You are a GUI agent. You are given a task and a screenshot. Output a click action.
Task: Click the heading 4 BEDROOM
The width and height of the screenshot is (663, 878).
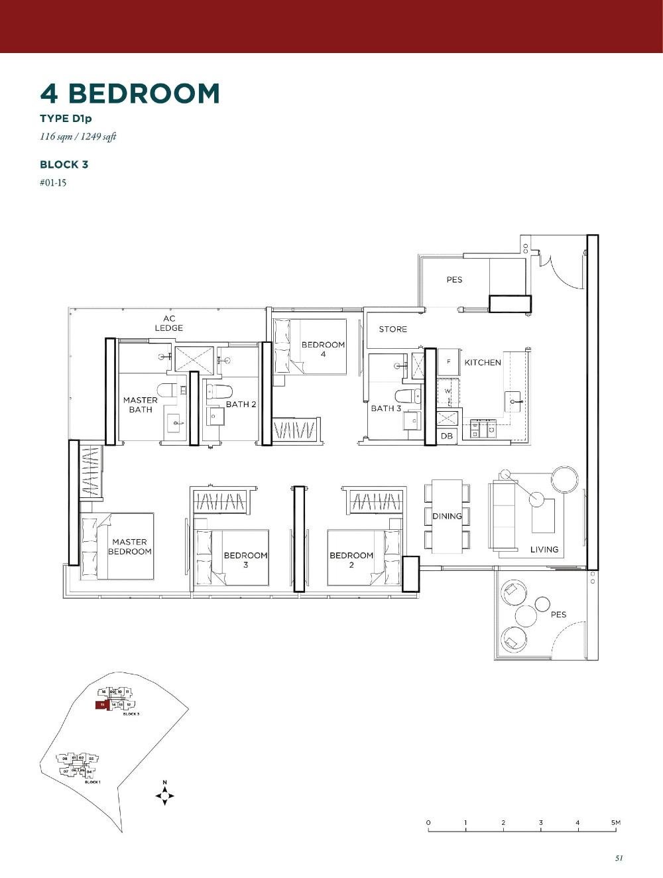[130, 94]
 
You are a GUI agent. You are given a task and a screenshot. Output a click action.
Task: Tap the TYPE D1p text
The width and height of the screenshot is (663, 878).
[66, 119]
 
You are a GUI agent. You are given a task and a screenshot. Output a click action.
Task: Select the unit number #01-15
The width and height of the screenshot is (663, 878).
[53, 183]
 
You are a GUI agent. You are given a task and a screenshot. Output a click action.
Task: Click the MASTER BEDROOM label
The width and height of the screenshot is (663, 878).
[130, 546]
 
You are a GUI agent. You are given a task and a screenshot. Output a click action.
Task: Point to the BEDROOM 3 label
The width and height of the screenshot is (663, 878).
[245, 560]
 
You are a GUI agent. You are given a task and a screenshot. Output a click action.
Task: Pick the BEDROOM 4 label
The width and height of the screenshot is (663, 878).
[323, 349]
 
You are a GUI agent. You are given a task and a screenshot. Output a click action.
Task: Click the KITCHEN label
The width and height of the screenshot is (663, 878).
[483, 362]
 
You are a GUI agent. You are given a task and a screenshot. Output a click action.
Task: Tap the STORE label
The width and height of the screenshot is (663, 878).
[392, 329]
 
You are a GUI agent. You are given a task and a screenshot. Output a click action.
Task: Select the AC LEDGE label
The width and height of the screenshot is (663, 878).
[169, 323]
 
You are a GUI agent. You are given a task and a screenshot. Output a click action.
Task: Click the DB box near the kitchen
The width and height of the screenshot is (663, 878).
[447, 436]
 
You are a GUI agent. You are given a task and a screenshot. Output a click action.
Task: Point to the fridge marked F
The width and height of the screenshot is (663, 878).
[449, 362]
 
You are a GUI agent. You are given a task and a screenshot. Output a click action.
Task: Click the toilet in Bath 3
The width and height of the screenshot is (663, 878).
[408, 397]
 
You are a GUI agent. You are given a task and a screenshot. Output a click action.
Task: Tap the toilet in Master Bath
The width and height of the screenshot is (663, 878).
[167, 390]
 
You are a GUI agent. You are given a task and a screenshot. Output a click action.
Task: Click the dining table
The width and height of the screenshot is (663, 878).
[447, 516]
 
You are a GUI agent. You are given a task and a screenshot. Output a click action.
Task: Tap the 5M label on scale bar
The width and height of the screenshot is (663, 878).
[616, 822]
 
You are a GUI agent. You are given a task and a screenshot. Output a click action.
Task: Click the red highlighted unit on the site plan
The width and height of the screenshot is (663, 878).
[101, 705]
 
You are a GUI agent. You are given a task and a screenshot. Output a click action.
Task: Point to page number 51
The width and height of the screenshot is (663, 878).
[619, 857]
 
